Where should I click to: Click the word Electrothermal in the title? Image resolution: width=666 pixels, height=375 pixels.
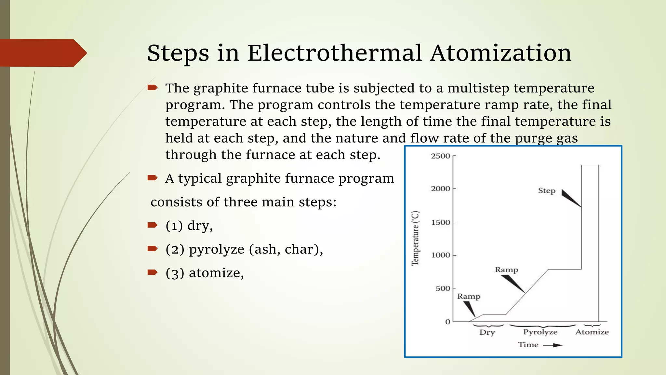[x=335, y=53]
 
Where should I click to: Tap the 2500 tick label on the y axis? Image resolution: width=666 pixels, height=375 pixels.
[x=440, y=156]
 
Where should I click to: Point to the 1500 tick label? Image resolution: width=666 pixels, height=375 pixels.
[x=440, y=223]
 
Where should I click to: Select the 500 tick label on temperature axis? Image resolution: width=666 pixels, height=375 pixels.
[x=443, y=289]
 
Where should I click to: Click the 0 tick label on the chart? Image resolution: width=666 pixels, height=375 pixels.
[x=448, y=322]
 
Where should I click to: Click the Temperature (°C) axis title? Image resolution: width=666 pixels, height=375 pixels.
[x=415, y=238]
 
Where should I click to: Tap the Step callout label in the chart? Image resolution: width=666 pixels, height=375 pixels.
[x=547, y=191]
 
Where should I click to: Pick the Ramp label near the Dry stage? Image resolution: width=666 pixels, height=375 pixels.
[x=469, y=297]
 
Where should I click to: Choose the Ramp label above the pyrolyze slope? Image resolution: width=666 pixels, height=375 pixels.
[x=506, y=270]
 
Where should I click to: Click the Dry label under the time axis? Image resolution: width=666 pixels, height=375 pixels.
[x=487, y=332]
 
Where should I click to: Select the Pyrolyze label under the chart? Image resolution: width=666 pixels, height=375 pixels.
[x=540, y=332]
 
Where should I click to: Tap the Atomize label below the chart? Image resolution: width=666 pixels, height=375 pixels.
[x=592, y=332]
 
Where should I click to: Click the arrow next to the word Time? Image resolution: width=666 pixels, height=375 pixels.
[x=553, y=345]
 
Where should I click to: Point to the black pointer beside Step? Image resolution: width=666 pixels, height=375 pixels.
[x=570, y=198]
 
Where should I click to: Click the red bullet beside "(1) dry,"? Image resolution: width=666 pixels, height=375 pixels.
[x=152, y=225]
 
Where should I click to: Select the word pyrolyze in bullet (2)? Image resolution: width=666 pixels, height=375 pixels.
[x=217, y=249]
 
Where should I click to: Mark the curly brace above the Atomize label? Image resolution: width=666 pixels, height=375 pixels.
[x=592, y=325]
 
